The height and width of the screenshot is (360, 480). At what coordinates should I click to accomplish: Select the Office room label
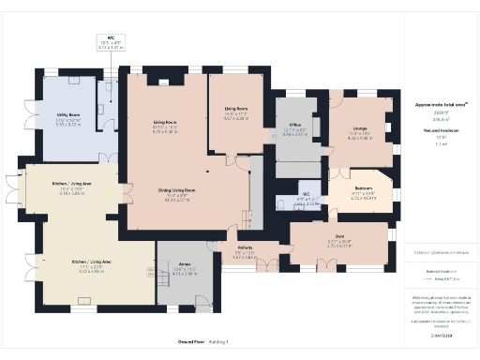293,124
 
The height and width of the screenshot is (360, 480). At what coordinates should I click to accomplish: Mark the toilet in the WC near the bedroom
281,203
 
